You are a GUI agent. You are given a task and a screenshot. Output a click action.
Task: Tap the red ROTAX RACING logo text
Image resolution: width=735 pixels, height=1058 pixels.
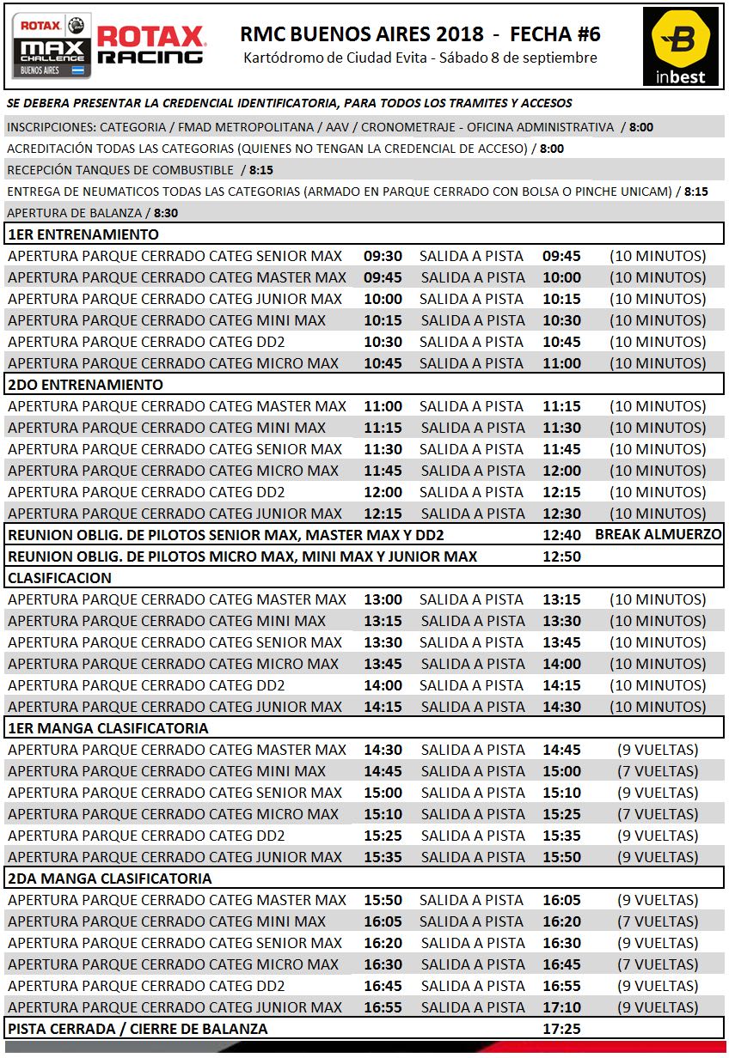(150, 46)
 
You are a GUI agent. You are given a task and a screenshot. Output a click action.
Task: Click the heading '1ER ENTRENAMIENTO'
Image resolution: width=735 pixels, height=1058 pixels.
(83, 234)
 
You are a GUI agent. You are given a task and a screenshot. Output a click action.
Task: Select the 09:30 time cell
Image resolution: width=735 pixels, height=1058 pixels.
(383, 256)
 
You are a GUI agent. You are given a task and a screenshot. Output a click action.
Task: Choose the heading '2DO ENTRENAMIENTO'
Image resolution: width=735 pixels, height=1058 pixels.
(85, 385)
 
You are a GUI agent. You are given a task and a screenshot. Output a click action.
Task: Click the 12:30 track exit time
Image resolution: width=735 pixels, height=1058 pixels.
(561, 514)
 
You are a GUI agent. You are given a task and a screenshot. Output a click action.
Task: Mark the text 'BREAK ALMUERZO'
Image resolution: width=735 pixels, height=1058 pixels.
(658, 535)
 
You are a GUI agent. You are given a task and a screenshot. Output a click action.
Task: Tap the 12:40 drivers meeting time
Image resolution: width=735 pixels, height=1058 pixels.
(561, 535)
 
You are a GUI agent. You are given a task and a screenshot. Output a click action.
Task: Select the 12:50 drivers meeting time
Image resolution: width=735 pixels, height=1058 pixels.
(561, 556)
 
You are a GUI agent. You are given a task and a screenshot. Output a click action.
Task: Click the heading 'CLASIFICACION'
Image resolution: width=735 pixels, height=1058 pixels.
(60, 578)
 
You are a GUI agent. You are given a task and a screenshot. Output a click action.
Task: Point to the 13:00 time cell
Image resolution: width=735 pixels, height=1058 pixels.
(383, 599)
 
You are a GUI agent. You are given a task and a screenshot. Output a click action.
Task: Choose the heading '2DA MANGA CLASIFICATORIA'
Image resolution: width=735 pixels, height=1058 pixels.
(109, 879)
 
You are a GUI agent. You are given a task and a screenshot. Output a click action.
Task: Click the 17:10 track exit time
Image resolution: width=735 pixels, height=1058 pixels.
(561, 1007)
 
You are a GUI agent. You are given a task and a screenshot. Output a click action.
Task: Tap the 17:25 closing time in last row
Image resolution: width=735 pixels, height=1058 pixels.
(561, 1028)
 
